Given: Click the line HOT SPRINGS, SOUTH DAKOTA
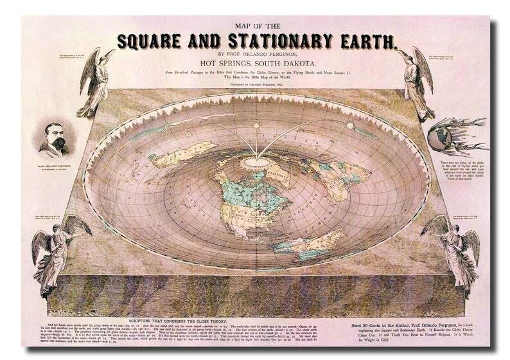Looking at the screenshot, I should (x=256, y=64).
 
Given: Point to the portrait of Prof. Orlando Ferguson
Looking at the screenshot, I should (x=54, y=138).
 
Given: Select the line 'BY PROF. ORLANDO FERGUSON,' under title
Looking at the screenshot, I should (x=256, y=54).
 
